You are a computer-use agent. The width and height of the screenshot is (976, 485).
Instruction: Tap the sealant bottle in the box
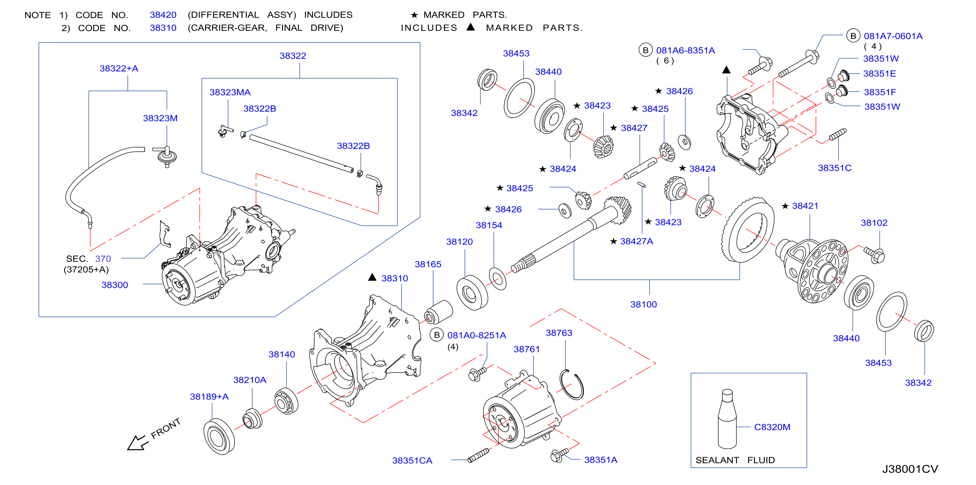coord(727,419)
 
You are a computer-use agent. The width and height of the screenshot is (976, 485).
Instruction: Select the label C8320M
coord(772,427)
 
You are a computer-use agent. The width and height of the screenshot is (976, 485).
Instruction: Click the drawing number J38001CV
coord(910,469)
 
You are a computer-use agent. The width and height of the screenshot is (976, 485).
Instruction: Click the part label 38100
coord(643,304)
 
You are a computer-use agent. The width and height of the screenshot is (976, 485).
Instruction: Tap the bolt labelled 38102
coord(874,255)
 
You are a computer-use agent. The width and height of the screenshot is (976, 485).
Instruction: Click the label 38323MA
coord(230,92)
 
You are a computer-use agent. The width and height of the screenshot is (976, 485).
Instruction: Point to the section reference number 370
coord(103,259)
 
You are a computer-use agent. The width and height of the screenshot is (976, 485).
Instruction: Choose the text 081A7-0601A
coord(893,36)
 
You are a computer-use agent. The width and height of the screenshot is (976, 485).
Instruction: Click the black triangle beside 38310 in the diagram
coord(372,277)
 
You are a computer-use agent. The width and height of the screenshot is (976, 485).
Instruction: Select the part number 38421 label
coord(805,206)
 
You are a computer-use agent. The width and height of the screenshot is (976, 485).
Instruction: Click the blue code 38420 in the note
coord(163,15)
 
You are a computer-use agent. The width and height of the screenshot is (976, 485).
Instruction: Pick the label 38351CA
coord(412,460)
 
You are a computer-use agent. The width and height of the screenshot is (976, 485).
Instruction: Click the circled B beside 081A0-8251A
coord(436,335)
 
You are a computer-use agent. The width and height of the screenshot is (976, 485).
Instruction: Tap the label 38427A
coord(637,241)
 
